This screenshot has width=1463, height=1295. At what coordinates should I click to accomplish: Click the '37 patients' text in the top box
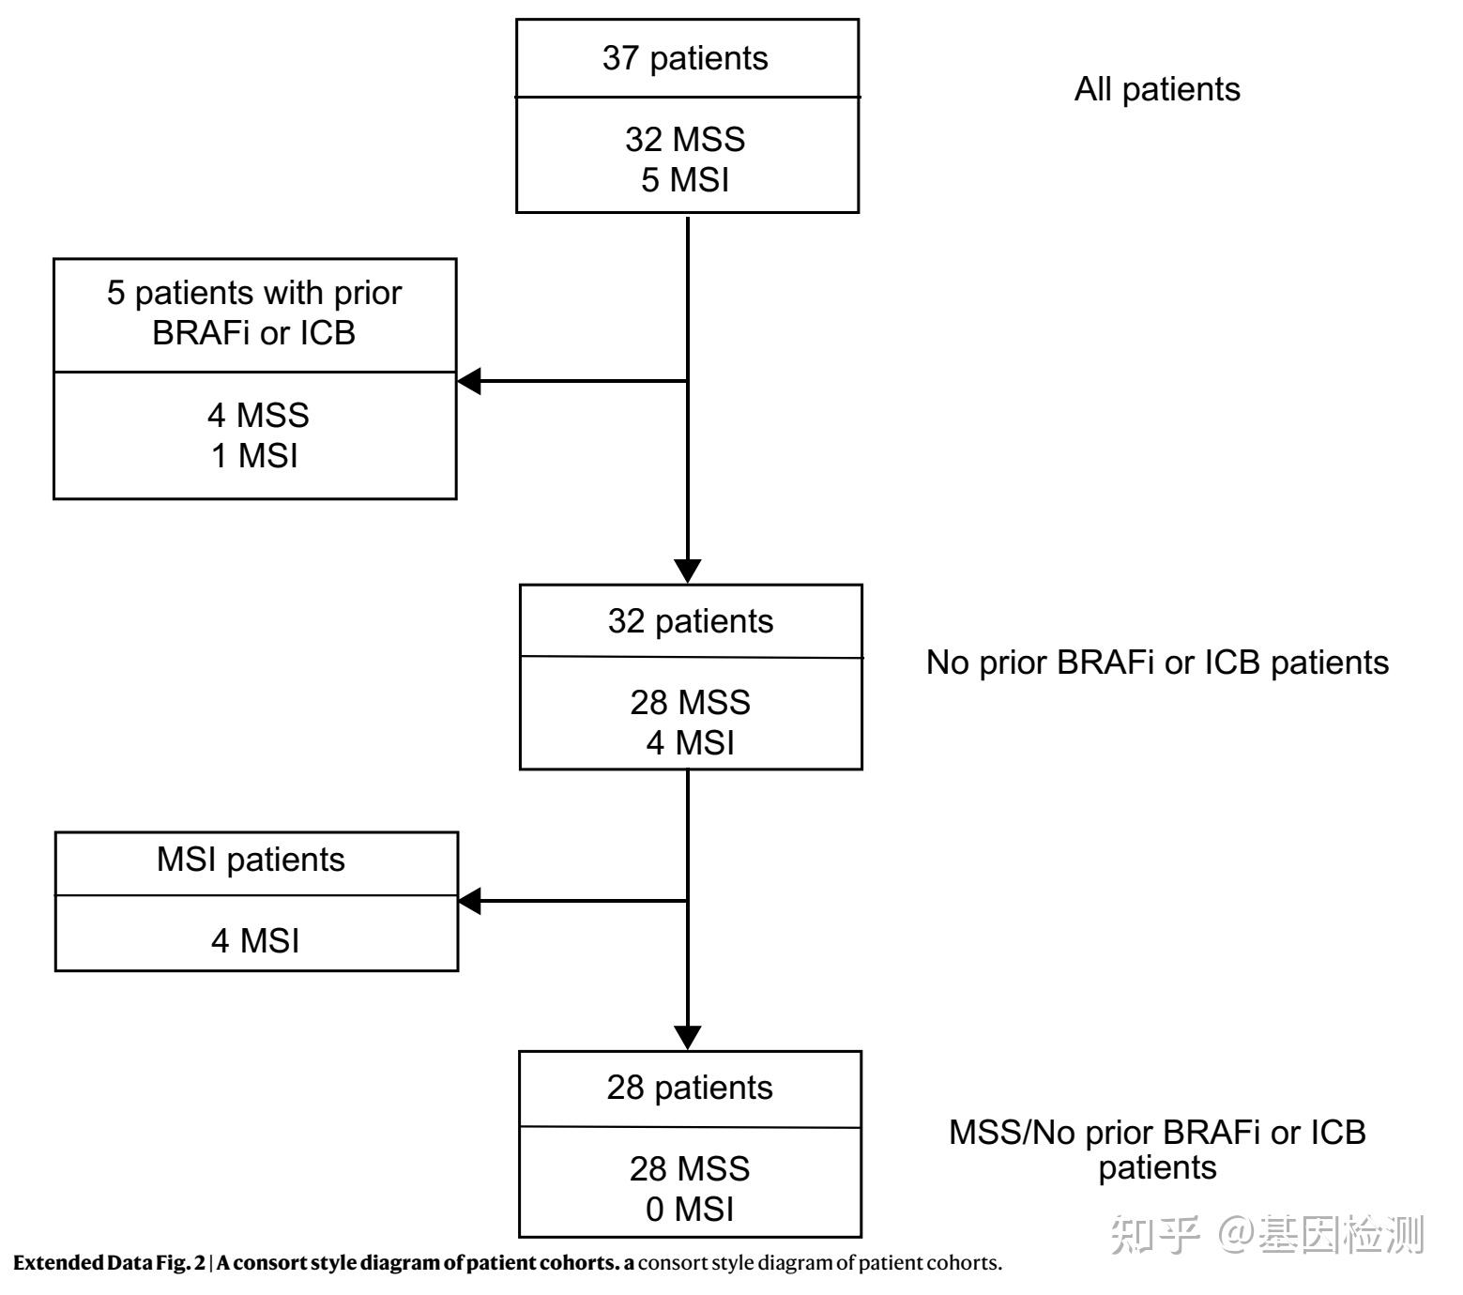685,58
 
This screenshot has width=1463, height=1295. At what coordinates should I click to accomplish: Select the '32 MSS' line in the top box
685,139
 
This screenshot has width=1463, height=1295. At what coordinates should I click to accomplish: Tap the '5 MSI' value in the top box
685,179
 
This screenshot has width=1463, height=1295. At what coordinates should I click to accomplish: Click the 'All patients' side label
1157,89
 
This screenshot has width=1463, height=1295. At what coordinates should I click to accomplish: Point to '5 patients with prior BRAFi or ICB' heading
254,312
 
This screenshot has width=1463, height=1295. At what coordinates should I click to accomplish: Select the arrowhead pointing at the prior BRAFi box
469,381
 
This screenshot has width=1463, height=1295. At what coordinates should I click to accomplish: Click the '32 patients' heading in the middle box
691,621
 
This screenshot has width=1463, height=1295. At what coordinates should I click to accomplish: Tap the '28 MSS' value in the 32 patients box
691,702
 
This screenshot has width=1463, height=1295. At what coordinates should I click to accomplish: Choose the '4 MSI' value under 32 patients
691,742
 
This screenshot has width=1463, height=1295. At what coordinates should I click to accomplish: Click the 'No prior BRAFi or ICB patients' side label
1157,663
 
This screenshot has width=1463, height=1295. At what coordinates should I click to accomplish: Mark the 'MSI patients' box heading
251,860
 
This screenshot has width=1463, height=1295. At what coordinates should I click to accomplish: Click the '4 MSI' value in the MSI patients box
255,940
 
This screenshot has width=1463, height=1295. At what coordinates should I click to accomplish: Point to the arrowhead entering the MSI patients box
469,901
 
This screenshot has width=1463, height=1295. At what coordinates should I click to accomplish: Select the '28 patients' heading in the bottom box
690,1088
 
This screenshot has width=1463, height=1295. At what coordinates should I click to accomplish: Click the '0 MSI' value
690,1210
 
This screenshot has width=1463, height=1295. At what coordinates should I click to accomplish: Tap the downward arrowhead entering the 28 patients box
688,1037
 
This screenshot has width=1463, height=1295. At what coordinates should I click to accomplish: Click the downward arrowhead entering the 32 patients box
688,571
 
